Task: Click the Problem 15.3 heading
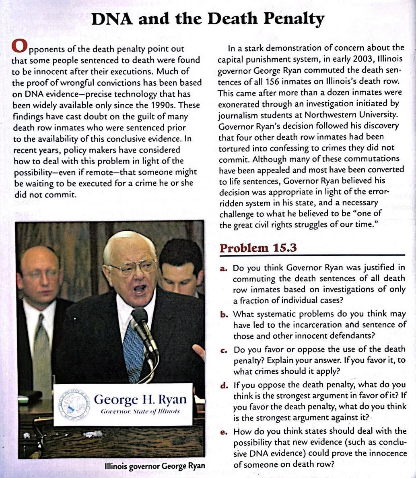tap(258, 248)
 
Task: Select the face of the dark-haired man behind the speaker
tap(181, 274)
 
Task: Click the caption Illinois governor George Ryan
tap(154, 467)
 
